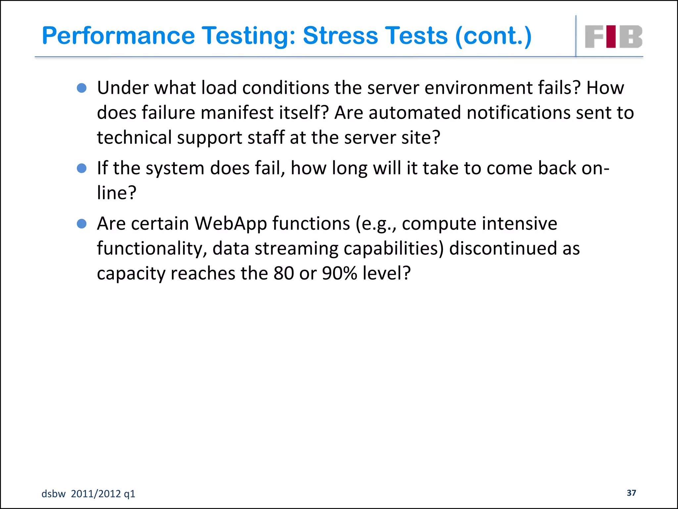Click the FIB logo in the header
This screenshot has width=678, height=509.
613,37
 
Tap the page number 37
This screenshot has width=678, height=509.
631,493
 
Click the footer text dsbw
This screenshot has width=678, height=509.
53,494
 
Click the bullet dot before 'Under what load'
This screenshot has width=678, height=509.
81,88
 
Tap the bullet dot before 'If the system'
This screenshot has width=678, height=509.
81,168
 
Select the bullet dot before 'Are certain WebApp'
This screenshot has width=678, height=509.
81,224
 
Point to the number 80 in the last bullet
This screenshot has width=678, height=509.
284,273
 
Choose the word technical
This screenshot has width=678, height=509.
134,138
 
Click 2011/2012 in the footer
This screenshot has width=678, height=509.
96,494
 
